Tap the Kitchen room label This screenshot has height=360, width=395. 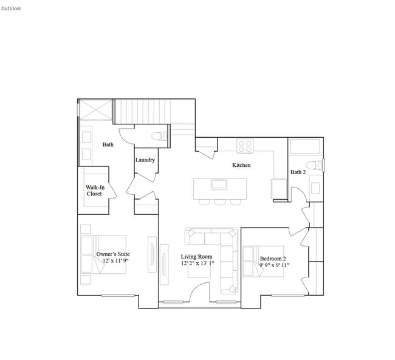(x=241, y=165)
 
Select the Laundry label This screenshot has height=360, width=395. (x=145, y=160)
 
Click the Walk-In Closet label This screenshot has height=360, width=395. (x=94, y=191)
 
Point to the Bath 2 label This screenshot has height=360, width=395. (x=298, y=172)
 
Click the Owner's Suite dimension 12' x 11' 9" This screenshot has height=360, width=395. (x=115, y=260)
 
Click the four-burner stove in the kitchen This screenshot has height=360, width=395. (x=245, y=146)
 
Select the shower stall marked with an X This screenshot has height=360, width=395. (x=96, y=111)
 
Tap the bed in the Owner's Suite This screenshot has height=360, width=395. (x=105, y=255)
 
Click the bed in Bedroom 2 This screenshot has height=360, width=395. (x=265, y=261)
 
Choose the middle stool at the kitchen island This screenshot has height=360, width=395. (x=220, y=202)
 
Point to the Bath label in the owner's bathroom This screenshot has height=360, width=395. (x=108, y=144)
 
